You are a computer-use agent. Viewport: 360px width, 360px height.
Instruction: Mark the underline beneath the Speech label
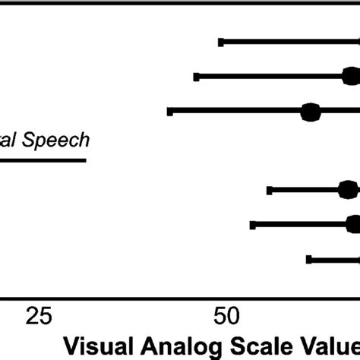click(x=43, y=159)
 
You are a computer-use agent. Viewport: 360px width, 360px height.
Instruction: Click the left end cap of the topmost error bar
click(x=221, y=41)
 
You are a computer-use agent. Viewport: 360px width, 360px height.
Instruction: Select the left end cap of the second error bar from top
click(x=197, y=76)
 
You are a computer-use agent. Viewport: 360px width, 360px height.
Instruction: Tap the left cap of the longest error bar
click(x=170, y=112)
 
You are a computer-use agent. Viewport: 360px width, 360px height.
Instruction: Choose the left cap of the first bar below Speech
click(x=270, y=190)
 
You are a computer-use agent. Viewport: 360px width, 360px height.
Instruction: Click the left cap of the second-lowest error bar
click(x=253, y=224)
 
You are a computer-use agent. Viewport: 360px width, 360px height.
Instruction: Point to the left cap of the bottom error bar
click(x=309, y=259)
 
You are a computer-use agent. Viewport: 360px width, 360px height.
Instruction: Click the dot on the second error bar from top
click(x=350, y=76)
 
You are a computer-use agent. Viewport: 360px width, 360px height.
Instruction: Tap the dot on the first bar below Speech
click(x=348, y=190)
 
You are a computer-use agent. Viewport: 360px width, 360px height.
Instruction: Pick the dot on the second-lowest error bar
click(x=353, y=224)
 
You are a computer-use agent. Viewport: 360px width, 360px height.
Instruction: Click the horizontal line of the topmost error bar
click(x=289, y=41)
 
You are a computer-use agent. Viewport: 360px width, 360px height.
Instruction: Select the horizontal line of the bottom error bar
click(x=334, y=259)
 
